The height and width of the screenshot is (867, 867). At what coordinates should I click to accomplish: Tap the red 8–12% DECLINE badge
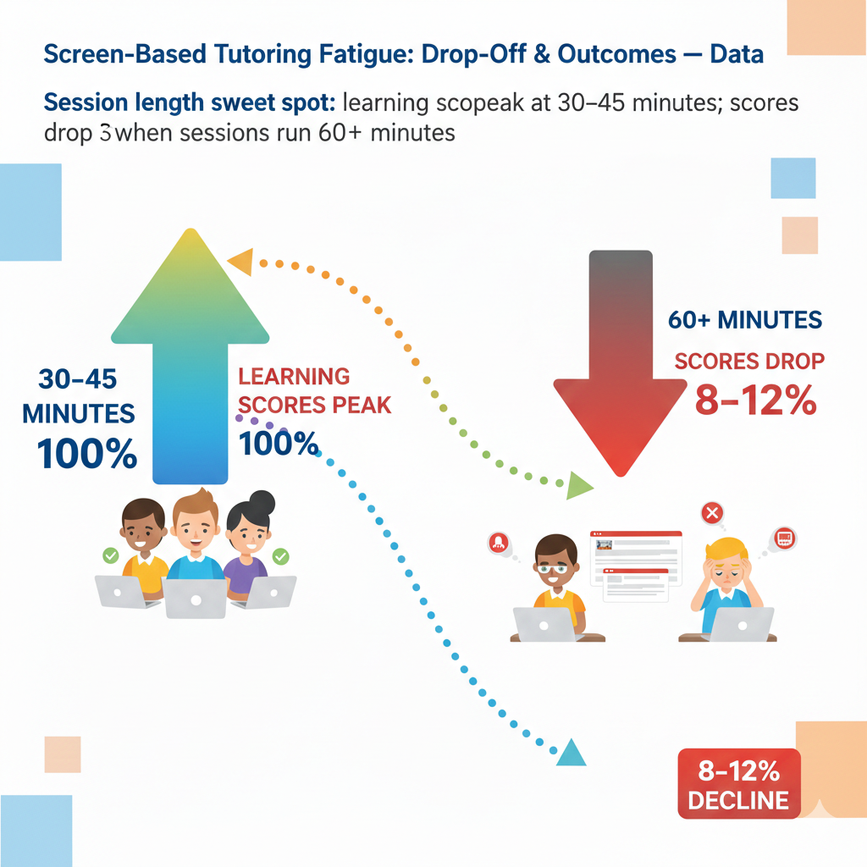pos(738,784)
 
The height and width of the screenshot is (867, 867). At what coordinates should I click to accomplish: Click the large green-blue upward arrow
pos(191,356)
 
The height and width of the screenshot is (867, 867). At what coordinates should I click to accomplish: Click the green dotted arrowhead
pos(579,485)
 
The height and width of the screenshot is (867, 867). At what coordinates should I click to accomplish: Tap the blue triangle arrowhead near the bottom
pos(572,753)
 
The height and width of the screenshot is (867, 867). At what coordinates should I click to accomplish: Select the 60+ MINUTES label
pos(744,320)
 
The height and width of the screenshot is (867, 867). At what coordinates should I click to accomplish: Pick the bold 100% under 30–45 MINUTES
pos(87,455)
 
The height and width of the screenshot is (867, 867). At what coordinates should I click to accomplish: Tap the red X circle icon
pos(713,512)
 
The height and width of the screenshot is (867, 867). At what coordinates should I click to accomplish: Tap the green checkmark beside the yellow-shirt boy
pos(110,555)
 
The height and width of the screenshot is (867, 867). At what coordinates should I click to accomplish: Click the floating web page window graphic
pos(635,566)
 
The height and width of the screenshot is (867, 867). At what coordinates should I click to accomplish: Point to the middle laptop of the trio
pos(195,597)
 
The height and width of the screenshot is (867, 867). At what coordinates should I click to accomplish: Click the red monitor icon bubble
pos(784,538)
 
